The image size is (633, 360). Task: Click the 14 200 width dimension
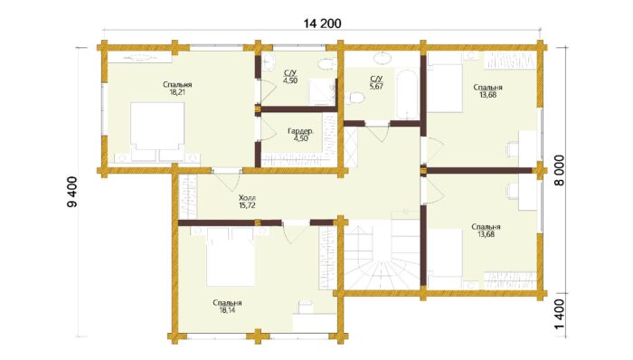click(x=322, y=24)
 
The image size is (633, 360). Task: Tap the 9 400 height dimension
click(x=72, y=192)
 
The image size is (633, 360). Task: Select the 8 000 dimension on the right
click(x=559, y=170)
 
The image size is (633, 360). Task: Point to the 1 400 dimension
click(x=559, y=315)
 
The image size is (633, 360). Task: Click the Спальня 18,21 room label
click(x=177, y=89)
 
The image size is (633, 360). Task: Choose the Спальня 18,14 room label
click(x=227, y=307)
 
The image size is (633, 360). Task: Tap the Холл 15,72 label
click(x=247, y=202)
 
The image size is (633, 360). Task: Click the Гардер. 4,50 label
click(x=300, y=135)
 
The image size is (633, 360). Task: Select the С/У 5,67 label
click(x=376, y=82)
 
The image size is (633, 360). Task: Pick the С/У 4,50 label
click(x=290, y=77)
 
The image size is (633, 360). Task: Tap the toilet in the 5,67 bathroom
click(x=355, y=98)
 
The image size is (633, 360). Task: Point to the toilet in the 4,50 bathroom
click(x=327, y=64)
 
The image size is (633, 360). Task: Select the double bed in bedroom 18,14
click(x=231, y=256)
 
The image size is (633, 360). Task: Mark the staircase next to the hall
click(x=382, y=255)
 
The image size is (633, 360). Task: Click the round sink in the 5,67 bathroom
click(x=383, y=59)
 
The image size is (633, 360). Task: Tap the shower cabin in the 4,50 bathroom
click(x=323, y=91)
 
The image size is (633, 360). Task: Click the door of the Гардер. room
click(x=263, y=129)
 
